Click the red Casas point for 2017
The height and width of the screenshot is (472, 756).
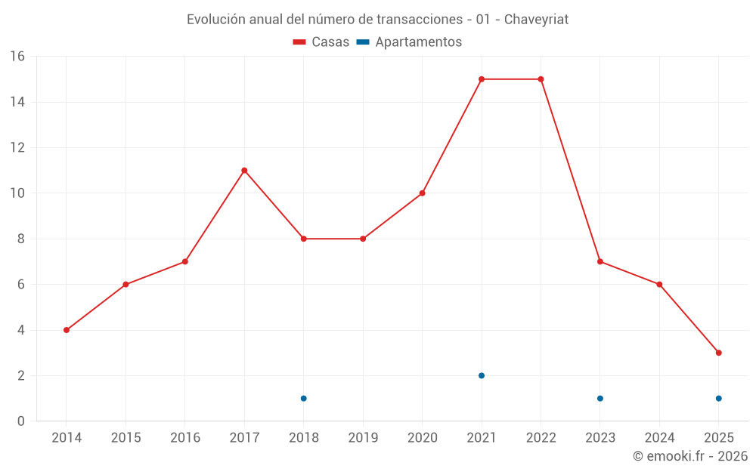pyautogui.click(x=244, y=171)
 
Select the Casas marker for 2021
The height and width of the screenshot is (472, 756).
pyautogui.click(x=482, y=79)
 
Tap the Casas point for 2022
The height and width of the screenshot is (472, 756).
pyautogui.click(x=541, y=79)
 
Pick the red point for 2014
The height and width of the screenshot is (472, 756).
pyautogui.click(x=67, y=330)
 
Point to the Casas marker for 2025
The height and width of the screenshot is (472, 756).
pyautogui.click(x=718, y=353)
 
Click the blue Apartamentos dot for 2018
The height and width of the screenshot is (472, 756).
pyautogui.click(x=303, y=398)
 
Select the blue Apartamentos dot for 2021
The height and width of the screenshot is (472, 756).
pyautogui.click(x=482, y=375)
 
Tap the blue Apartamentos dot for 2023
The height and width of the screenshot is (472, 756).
pyautogui.click(x=600, y=398)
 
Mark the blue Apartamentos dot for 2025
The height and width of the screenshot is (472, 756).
pyautogui.click(x=718, y=398)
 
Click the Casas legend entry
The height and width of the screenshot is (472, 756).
pyautogui.click(x=321, y=42)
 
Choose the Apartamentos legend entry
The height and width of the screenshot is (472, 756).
pyautogui.click(x=409, y=42)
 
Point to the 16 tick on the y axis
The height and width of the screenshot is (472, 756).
pyautogui.click(x=17, y=57)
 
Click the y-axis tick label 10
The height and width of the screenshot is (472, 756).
pyautogui.click(x=17, y=193)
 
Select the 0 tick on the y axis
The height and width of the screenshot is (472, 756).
pyautogui.click(x=21, y=421)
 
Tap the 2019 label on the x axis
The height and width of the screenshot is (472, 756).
pyautogui.click(x=363, y=438)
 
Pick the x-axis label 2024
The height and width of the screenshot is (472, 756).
pyautogui.click(x=659, y=438)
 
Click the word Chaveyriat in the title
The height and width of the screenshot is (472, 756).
pyautogui.click(x=536, y=20)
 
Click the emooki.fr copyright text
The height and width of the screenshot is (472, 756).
pyautogui.click(x=690, y=456)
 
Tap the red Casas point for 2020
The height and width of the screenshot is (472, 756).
pyautogui.click(x=422, y=193)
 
